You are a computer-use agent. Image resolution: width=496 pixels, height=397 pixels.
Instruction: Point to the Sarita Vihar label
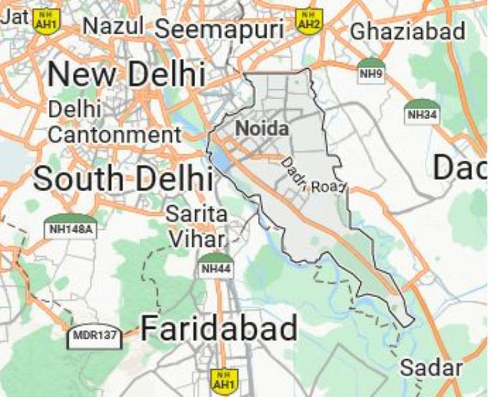(196, 225)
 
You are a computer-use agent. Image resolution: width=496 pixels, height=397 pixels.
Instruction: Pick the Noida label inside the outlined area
(263, 128)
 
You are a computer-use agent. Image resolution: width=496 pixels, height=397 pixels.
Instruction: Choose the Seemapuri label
(220, 28)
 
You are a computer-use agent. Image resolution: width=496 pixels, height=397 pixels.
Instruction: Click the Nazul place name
(114, 26)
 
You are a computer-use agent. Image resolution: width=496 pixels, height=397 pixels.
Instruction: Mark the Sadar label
(431, 368)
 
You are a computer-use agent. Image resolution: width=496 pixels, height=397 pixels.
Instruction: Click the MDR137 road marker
(95, 336)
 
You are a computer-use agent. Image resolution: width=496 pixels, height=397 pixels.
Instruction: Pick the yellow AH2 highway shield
(308, 20)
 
